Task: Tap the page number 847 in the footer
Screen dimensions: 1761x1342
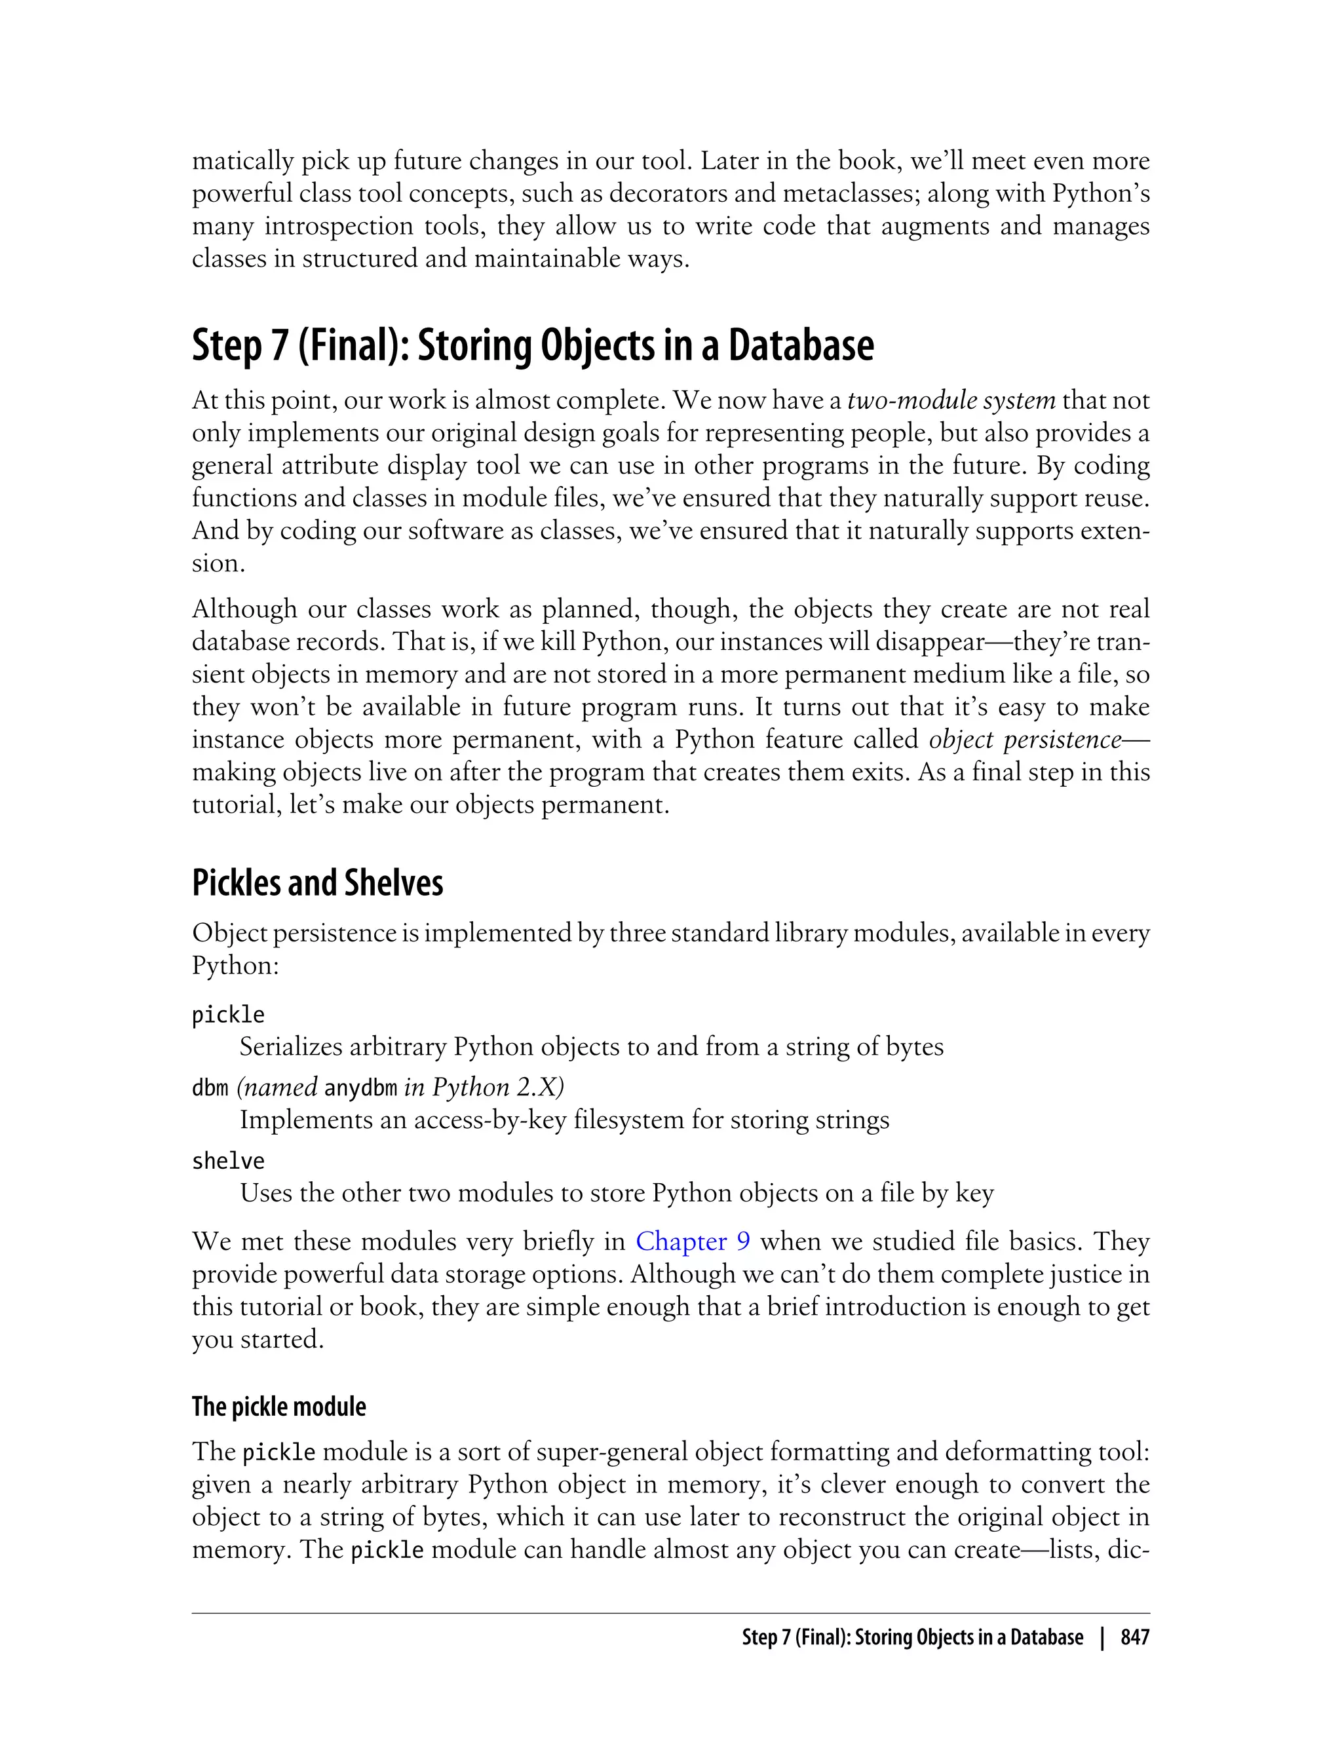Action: pyautogui.click(x=1134, y=1637)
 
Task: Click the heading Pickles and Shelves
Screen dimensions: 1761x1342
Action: pyautogui.click(x=317, y=883)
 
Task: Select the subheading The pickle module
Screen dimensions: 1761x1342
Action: pyautogui.click(x=278, y=1407)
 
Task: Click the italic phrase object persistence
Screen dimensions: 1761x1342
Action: pyautogui.click(x=1025, y=740)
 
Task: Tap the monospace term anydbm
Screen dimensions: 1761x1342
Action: pyautogui.click(x=360, y=1088)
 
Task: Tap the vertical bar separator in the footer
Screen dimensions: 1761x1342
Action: pyautogui.click(x=1102, y=1637)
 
